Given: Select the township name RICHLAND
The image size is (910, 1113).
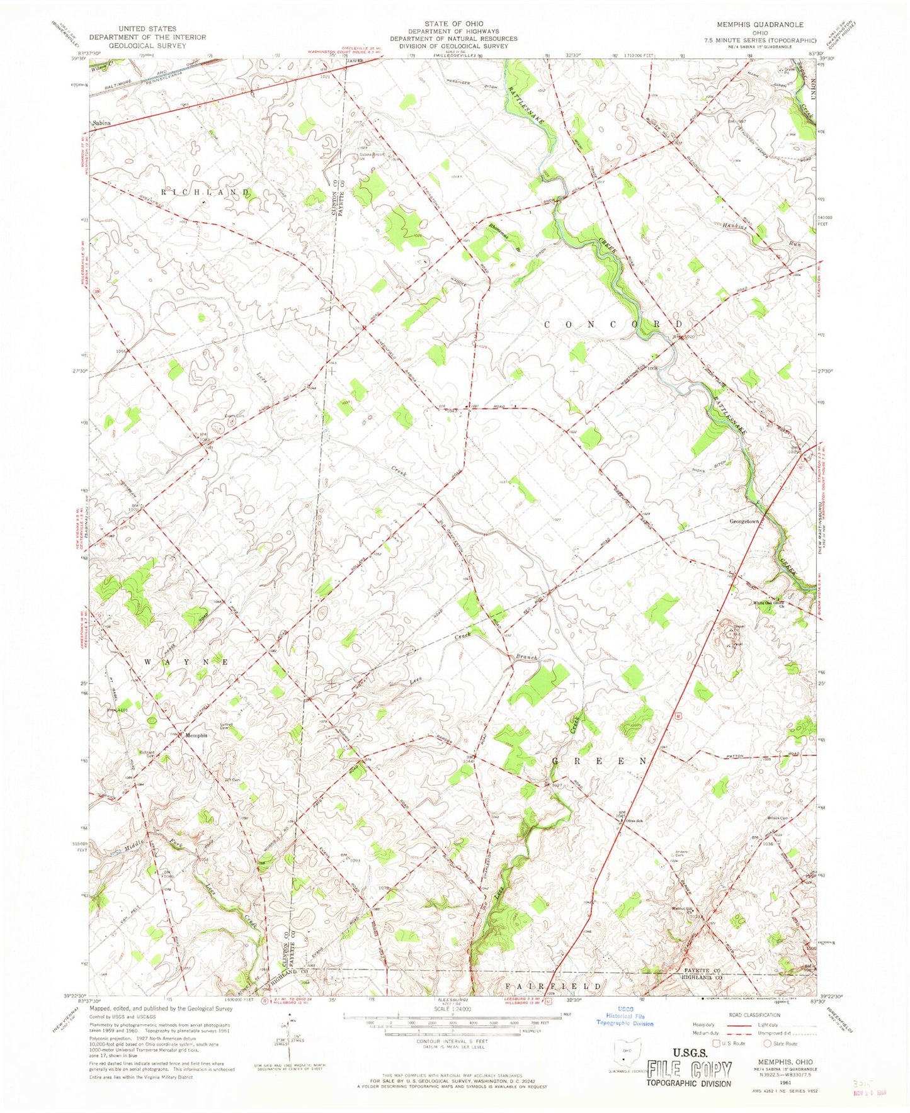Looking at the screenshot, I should coord(206,191).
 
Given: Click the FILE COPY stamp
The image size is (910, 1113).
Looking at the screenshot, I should coord(689,1070).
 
